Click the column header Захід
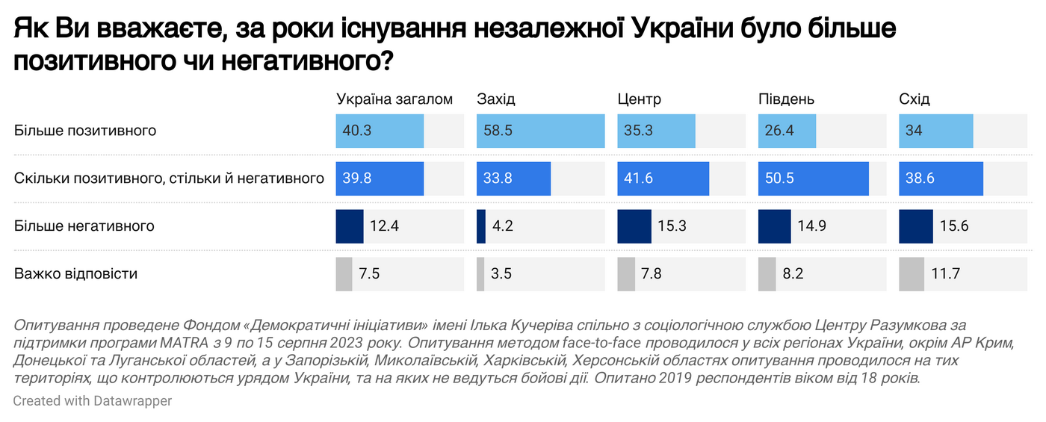[x=496, y=99]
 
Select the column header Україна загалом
[x=394, y=99]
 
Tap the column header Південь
[x=786, y=99]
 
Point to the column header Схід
[x=915, y=99]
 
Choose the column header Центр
[x=639, y=99]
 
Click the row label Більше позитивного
[x=85, y=131]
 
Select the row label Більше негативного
[x=84, y=226]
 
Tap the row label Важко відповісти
[x=75, y=273]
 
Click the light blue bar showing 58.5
[x=540, y=131]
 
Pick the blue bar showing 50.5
[x=813, y=179]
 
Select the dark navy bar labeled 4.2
[x=481, y=226]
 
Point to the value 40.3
[x=357, y=131]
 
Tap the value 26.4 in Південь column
[x=779, y=131]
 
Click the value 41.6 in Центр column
[x=638, y=179]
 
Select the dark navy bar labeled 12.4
[x=350, y=226]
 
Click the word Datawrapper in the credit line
[x=133, y=401]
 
